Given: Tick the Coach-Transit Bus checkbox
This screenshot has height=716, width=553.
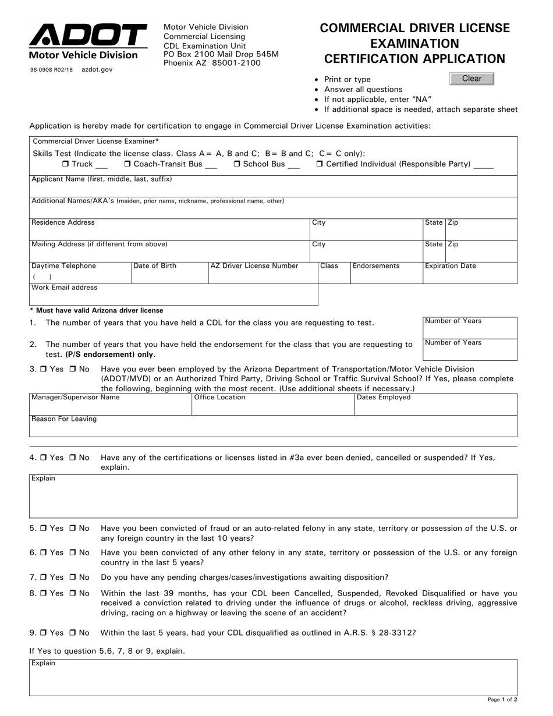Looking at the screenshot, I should pyautogui.click(x=128, y=164).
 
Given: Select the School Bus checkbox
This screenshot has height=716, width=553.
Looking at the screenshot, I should pyautogui.click(x=237, y=164).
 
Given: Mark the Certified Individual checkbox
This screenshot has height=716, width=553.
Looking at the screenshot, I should pyautogui.click(x=320, y=164).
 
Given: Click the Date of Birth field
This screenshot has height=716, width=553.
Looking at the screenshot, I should pyautogui.click(x=169, y=276).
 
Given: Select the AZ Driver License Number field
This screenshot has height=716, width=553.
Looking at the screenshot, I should pyautogui.click(x=263, y=276).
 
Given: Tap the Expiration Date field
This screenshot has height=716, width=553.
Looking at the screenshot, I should pyautogui.click(x=470, y=276).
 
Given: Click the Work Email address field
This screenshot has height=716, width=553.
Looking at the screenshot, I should pyautogui.click(x=173, y=297).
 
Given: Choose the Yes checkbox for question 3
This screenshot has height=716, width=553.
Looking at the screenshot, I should pyautogui.click(x=44, y=369).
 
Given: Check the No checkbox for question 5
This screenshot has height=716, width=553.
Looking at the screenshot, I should pyautogui.click(x=73, y=529).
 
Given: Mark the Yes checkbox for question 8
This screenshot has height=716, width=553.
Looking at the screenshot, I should pyautogui.click(x=44, y=594).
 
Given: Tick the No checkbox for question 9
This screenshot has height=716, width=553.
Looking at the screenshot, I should pyautogui.click(x=73, y=633).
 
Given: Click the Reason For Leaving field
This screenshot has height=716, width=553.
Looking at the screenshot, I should pyautogui.click(x=272, y=429).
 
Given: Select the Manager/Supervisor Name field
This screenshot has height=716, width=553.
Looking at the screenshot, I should pyautogui.click(x=110, y=407).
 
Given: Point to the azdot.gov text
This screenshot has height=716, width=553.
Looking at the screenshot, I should pyautogui.click(x=97, y=69).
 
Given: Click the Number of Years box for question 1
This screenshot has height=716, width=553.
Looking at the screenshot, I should pyautogui.click(x=470, y=331).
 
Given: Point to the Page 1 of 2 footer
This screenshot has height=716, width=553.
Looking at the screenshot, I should pyautogui.click(x=501, y=700).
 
